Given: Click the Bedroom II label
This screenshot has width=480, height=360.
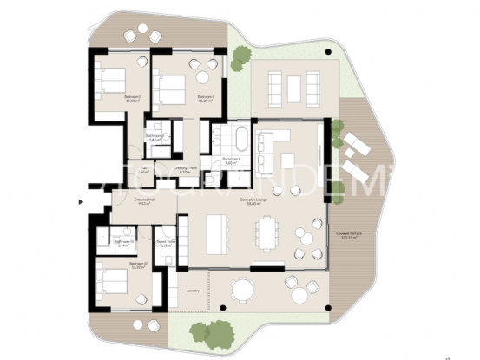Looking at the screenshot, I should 133,98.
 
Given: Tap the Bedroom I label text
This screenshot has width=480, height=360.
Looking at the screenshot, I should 205,97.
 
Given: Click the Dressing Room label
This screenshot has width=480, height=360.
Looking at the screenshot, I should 184,170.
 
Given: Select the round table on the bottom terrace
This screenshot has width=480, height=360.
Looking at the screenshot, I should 242,290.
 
